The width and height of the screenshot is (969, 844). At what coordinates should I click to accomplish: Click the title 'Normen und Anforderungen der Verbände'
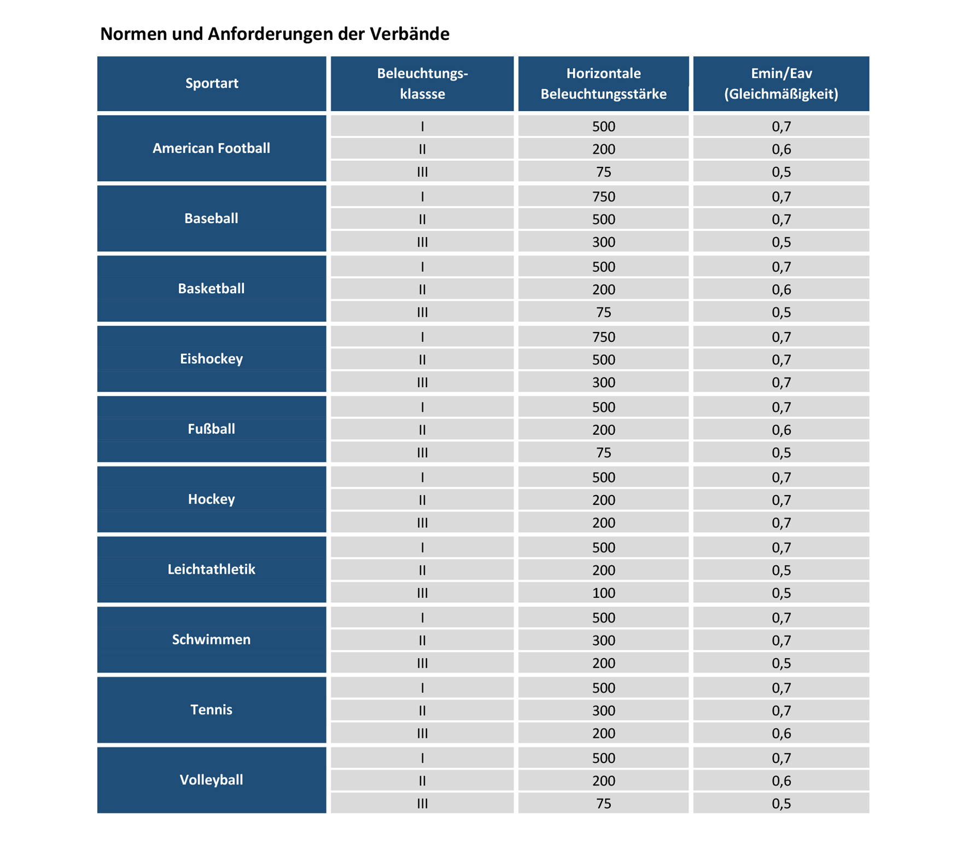(x=275, y=34)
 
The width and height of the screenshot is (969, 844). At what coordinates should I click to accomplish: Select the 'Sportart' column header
(x=212, y=83)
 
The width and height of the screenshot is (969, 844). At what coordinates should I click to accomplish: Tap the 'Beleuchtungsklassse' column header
(x=422, y=83)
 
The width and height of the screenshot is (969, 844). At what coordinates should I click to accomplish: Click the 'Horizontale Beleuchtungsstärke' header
(x=603, y=83)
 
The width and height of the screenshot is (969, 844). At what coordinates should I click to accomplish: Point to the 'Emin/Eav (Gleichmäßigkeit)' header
(x=781, y=83)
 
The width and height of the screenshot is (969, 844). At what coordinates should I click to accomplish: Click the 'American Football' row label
(x=212, y=148)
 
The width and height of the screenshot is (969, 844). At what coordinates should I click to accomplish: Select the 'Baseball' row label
(x=212, y=218)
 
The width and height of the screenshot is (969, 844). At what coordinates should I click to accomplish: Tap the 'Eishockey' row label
(x=212, y=359)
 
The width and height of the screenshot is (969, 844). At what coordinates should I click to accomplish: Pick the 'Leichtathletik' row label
(x=212, y=569)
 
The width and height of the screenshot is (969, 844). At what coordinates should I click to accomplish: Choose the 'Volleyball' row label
(x=212, y=780)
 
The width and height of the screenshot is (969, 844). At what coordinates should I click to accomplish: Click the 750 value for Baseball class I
(x=604, y=196)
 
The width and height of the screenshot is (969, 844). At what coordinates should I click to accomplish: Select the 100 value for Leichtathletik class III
(x=604, y=593)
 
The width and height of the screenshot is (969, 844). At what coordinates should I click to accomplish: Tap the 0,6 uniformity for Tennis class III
(x=781, y=734)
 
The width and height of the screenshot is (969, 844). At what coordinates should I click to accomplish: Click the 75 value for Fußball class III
(x=604, y=453)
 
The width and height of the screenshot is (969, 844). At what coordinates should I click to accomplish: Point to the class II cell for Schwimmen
(x=422, y=641)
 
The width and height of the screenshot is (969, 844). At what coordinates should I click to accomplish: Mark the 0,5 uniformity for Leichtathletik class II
(x=781, y=571)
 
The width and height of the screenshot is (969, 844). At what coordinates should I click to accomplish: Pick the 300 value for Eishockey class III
(x=604, y=382)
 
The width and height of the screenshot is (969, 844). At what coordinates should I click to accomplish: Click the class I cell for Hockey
(x=422, y=478)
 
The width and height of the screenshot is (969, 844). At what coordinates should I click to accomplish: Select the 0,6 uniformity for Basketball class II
(x=781, y=290)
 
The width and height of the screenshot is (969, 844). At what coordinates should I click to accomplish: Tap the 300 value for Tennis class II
(x=604, y=711)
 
